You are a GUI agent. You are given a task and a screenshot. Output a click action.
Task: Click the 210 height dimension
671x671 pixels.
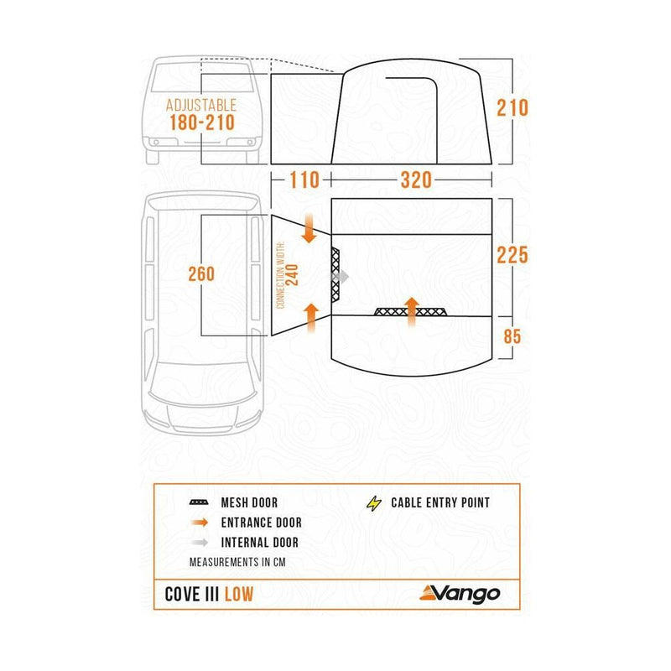512,108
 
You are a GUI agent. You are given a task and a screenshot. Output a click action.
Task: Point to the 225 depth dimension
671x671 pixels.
512,254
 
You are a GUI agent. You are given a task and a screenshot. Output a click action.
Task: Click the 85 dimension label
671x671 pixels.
512,335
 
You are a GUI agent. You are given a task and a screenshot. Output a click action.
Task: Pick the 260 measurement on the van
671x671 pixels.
201,273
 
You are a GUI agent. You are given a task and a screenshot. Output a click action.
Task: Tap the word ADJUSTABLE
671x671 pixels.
201,106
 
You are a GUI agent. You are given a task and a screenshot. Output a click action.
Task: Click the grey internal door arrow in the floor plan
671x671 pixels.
341,275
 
